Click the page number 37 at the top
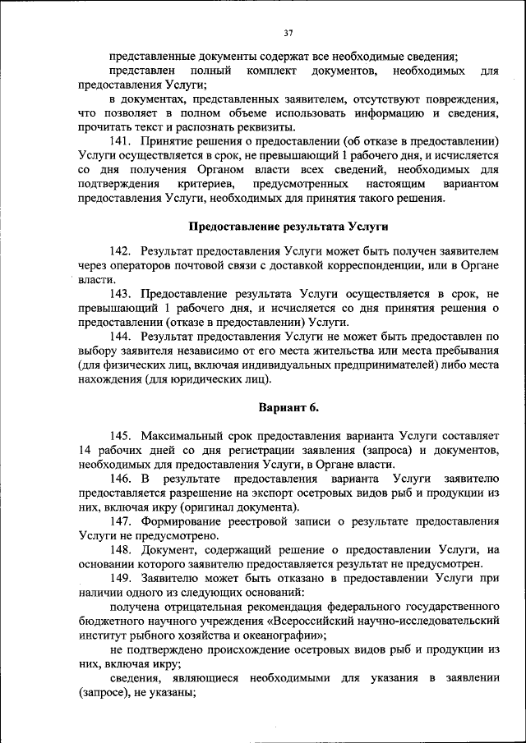coord(288,34)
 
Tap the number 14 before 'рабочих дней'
coord(85,450)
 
